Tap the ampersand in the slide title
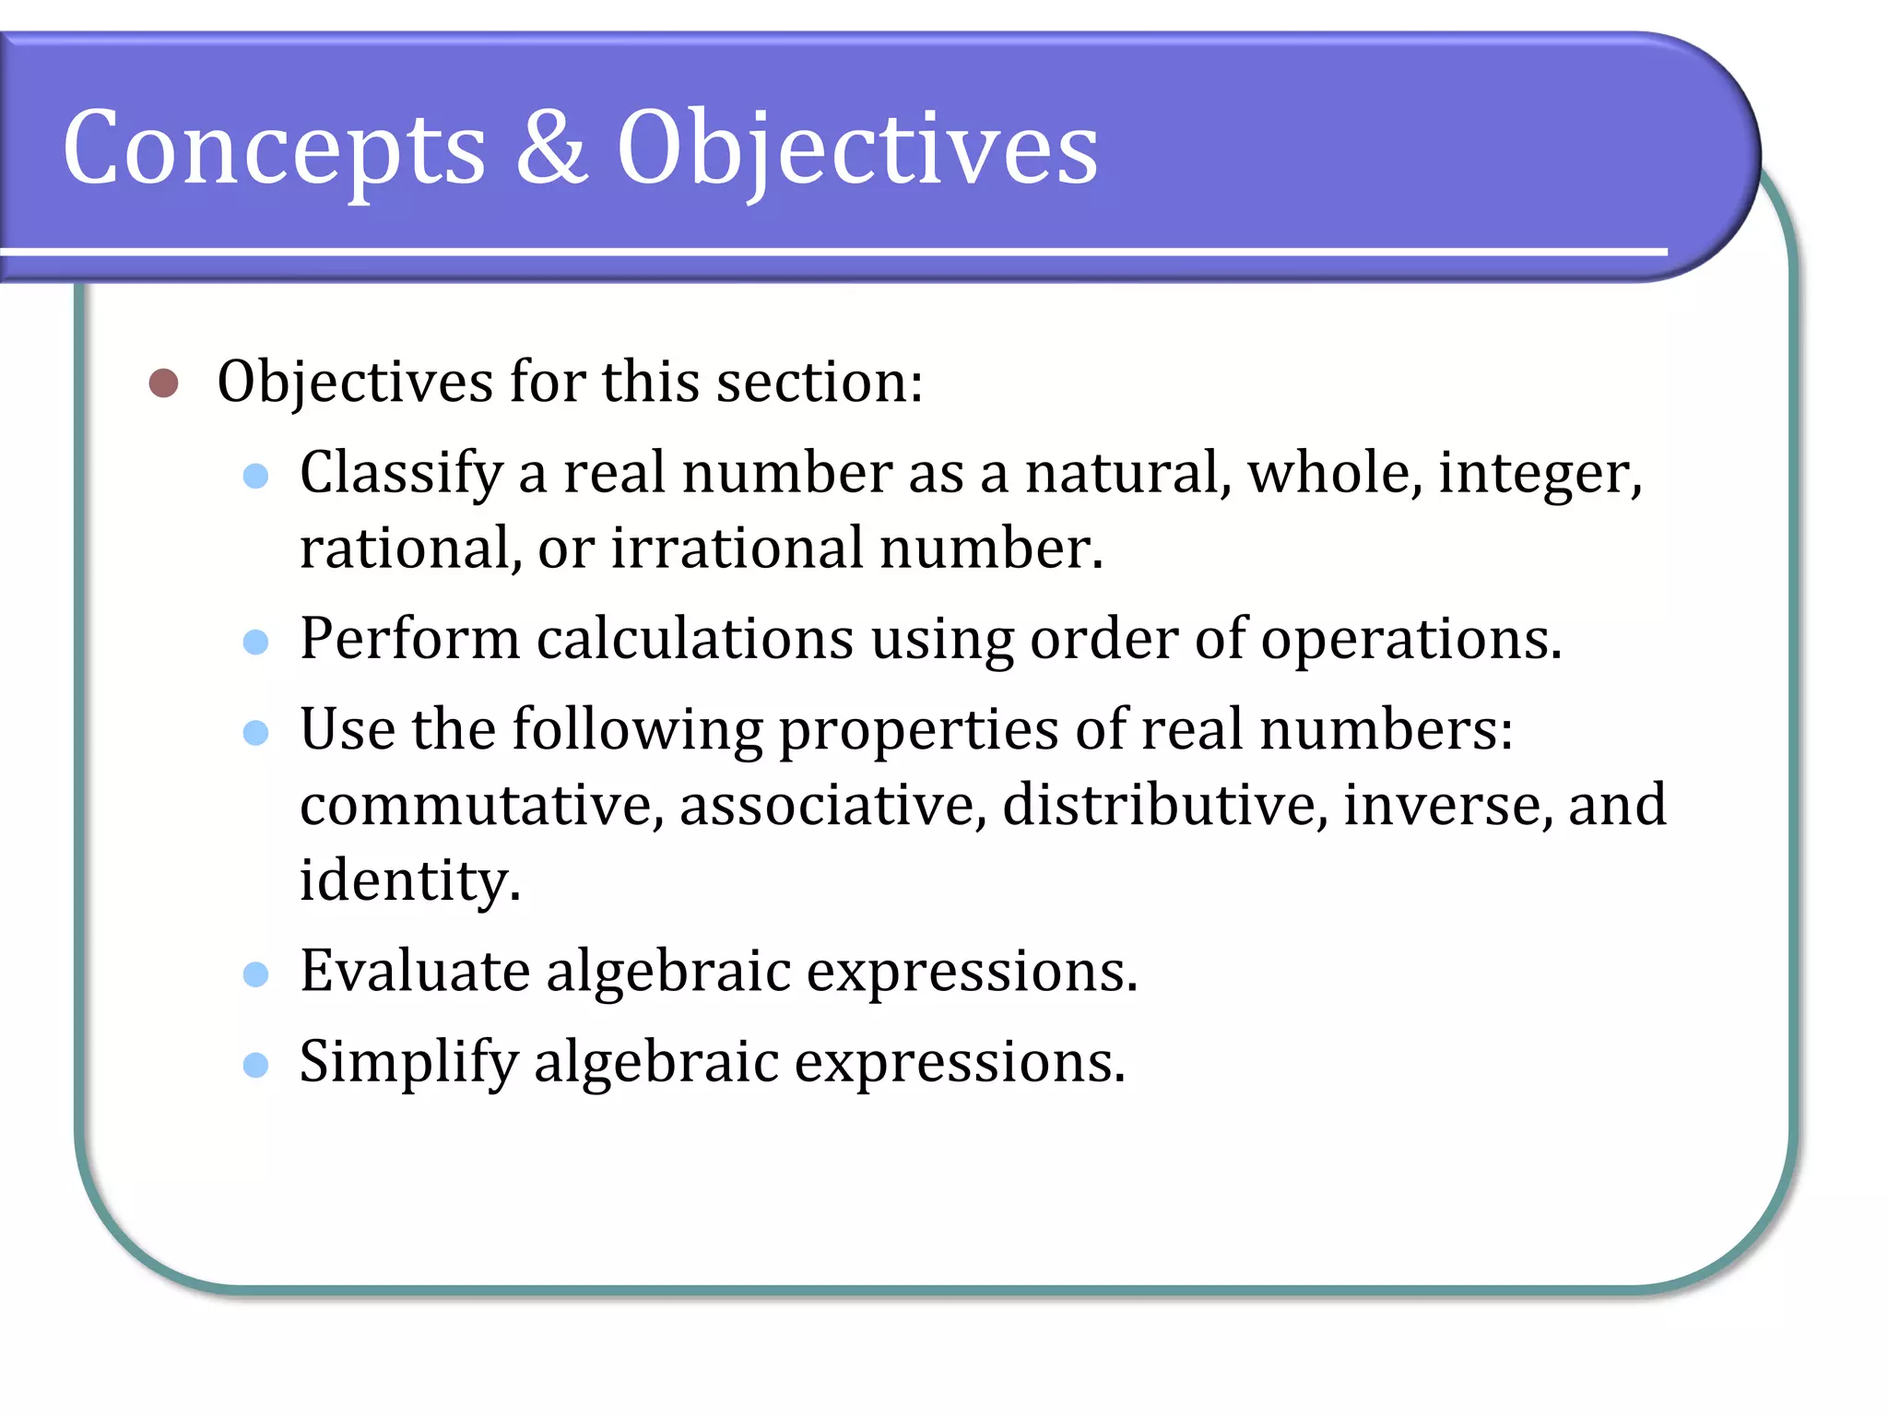[x=550, y=147]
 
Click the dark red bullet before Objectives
[x=163, y=383]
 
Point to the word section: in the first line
[x=820, y=382]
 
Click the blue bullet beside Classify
[x=255, y=476]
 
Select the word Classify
[x=401, y=474]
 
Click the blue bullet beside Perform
[x=255, y=642]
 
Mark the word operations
[x=1410, y=640]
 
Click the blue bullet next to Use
[x=255, y=733]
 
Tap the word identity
[x=410, y=880]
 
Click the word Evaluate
[x=415, y=971]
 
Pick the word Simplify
[x=408, y=1063]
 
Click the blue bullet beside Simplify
[x=255, y=1066]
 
